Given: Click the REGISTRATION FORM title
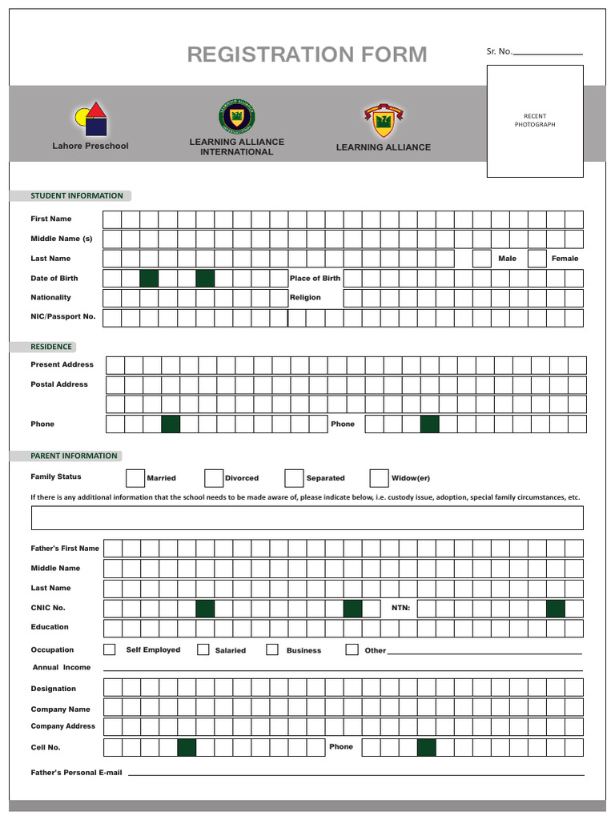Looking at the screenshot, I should click(307, 54).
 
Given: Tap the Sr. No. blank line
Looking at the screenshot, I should click(548, 53).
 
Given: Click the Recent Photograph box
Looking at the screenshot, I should click(535, 121).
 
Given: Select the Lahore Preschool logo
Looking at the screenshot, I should click(90, 119).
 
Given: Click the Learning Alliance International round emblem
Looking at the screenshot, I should click(236, 117).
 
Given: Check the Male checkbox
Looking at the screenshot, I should click(481, 259).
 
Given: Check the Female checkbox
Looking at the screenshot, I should click(537, 259).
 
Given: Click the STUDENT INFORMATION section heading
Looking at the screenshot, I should click(76, 195).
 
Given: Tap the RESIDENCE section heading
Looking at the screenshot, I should click(51, 347).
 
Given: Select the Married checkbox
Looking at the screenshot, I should click(135, 478).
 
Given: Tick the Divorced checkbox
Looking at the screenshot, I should click(213, 478).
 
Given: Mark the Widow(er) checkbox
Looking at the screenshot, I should click(379, 478).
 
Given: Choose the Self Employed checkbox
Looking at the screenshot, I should click(110, 649).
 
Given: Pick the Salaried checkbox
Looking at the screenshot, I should click(203, 649).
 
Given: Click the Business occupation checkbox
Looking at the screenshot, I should click(272, 649).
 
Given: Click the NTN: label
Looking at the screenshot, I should click(400, 608).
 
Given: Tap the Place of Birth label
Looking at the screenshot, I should click(315, 279).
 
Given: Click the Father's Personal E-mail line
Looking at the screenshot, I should click(356, 774).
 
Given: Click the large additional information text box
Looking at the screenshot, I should click(307, 518).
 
